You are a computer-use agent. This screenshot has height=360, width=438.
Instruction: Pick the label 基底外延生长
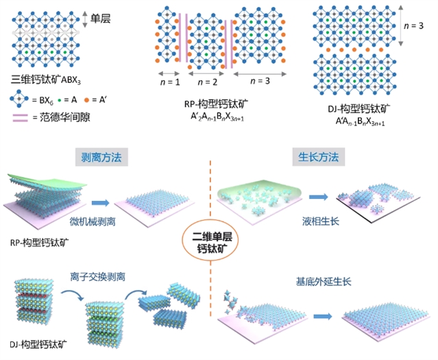coord(323,281)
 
